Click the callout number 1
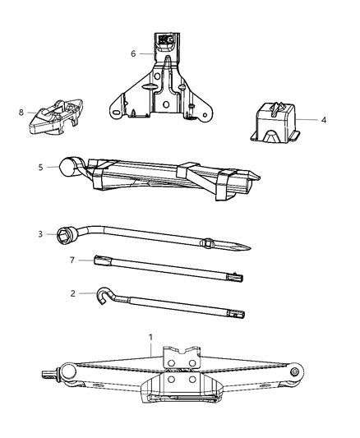(x=150, y=337)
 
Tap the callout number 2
(x=72, y=293)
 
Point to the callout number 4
(x=323, y=120)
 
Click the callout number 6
(x=132, y=53)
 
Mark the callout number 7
(x=72, y=260)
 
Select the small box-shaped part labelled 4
(x=271, y=122)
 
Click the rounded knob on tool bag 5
(x=67, y=168)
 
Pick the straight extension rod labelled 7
(x=164, y=272)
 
